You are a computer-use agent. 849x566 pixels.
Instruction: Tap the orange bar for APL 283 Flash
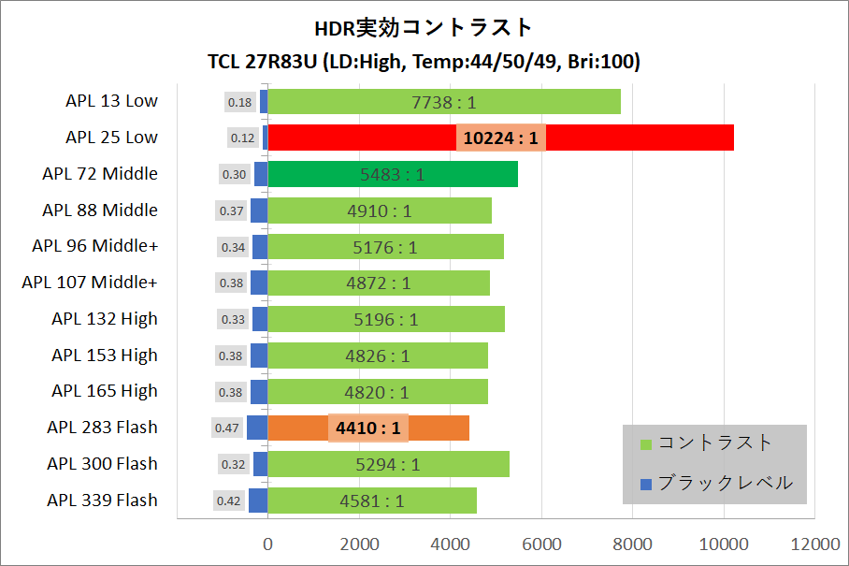(x=439, y=428)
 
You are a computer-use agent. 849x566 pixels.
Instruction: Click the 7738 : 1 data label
(x=444, y=102)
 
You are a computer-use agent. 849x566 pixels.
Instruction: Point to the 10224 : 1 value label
(x=501, y=138)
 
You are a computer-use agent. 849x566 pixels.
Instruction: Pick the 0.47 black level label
(x=226, y=428)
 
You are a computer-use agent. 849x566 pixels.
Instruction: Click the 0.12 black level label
(x=242, y=138)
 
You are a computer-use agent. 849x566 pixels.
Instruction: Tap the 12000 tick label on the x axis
(x=814, y=544)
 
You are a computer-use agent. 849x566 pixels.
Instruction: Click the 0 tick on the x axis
(x=268, y=544)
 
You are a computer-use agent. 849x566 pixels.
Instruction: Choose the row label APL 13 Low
(x=112, y=101)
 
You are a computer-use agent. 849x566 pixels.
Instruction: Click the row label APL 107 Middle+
(x=90, y=283)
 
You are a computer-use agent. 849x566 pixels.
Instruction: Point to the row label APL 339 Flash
(x=103, y=501)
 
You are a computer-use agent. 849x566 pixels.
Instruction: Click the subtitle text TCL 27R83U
(x=264, y=62)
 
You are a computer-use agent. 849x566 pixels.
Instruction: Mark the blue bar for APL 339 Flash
(x=258, y=501)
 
